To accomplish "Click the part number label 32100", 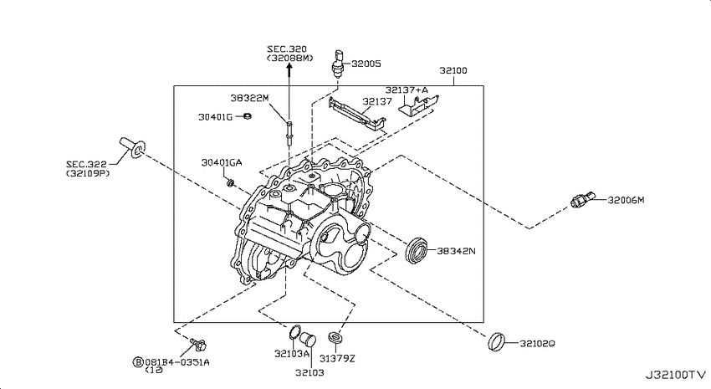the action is [453, 70].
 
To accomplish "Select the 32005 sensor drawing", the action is [338, 64].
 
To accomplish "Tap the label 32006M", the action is [626, 200].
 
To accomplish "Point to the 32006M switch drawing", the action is [583, 199].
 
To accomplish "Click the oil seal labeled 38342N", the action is [417, 250].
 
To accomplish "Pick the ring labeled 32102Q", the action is [496, 341].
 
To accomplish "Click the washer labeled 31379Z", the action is [335, 337].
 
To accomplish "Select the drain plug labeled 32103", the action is [308, 339].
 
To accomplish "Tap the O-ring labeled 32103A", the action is [294, 332].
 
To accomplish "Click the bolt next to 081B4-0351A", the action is [198, 344].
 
